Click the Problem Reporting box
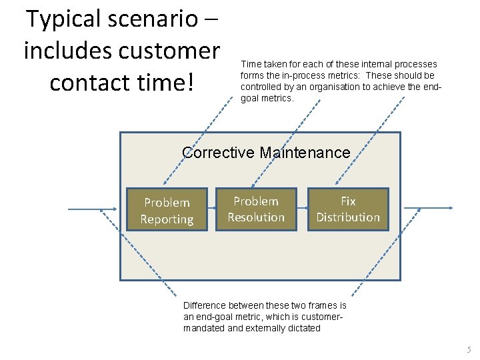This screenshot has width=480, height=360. [x=167, y=210]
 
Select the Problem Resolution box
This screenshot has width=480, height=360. [x=256, y=209]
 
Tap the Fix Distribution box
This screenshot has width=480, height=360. [x=348, y=209]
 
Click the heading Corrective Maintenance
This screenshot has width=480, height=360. [x=266, y=152]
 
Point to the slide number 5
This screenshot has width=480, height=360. [x=469, y=349]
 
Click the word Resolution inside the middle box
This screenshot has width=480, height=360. [x=256, y=217]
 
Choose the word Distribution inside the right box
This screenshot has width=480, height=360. [x=348, y=217]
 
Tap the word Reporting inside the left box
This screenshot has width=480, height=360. [x=167, y=219]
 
